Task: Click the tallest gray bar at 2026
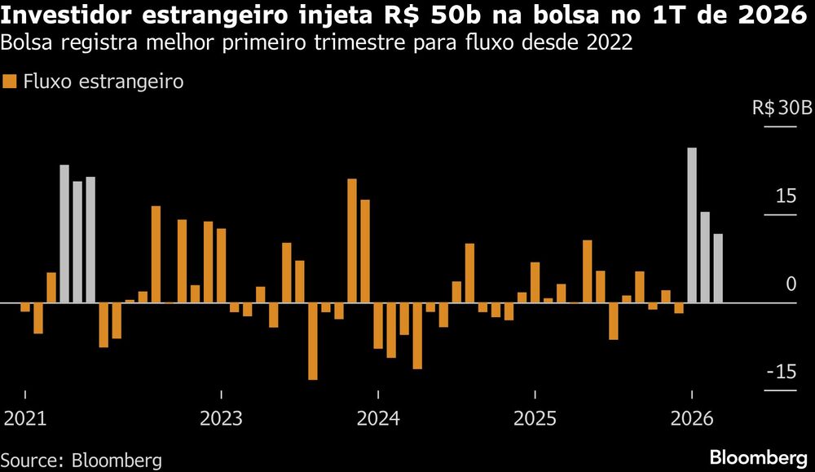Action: pos(692,225)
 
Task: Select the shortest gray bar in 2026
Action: pos(718,268)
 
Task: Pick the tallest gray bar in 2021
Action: pos(64,234)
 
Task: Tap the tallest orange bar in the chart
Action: pos(352,240)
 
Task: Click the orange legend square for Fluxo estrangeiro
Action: pos(10,82)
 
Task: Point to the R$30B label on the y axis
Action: pos(782,109)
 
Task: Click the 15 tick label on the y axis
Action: pos(785,196)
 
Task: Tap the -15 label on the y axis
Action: pos(781,373)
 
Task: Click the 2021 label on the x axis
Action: pos(24,419)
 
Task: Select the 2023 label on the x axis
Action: pos(221,419)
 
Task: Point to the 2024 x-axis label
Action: pos(377,419)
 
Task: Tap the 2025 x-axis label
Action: pos(535,419)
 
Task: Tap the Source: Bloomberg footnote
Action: pos(81,459)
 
